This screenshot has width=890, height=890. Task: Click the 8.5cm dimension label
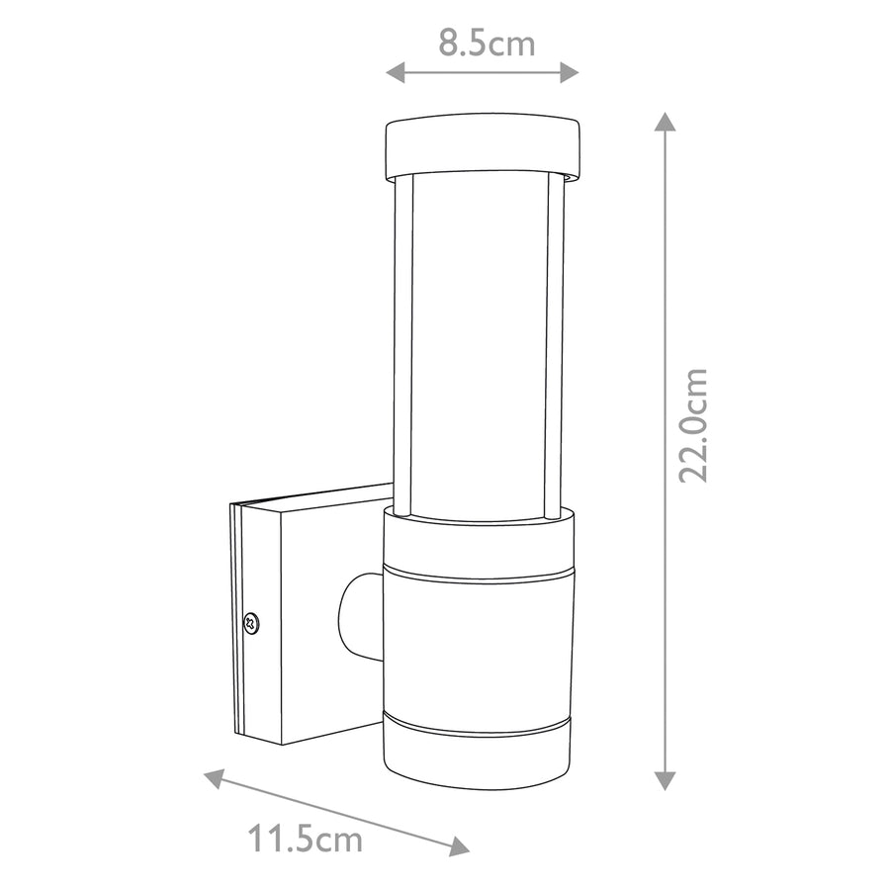(487, 44)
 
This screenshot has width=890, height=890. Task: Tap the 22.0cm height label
(693, 425)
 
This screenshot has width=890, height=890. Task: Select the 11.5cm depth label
(305, 839)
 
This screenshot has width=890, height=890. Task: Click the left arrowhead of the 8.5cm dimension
(395, 72)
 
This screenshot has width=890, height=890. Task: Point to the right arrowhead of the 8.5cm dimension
(570, 72)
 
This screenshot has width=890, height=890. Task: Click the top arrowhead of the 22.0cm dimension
(665, 122)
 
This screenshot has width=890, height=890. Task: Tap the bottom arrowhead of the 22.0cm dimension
(665, 781)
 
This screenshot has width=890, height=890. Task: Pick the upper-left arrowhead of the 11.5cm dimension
(215, 778)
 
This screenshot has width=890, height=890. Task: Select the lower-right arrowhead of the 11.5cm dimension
(459, 846)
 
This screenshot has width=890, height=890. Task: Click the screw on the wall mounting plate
(250, 623)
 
